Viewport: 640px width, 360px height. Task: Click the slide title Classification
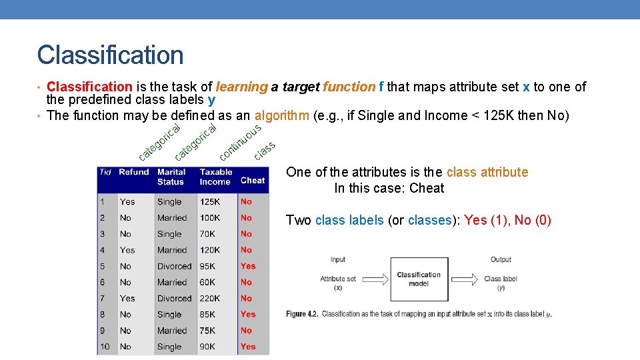[110, 55]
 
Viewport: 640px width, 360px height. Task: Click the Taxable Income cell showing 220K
[210, 299]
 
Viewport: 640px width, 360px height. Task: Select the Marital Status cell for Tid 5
[174, 266]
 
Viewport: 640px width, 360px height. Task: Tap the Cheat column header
[253, 180]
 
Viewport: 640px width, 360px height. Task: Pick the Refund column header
[134, 172]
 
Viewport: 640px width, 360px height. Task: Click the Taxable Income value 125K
[210, 201]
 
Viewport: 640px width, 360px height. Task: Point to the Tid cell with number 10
[105, 347]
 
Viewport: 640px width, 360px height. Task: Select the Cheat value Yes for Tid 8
[248, 315]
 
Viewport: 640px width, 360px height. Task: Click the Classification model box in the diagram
[419, 279]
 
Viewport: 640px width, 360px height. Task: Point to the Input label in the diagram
[338, 259]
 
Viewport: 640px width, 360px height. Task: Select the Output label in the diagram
[501, 259]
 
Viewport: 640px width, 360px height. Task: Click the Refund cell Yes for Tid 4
[127, 250]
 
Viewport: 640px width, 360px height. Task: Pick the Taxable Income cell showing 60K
[207, 283]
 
